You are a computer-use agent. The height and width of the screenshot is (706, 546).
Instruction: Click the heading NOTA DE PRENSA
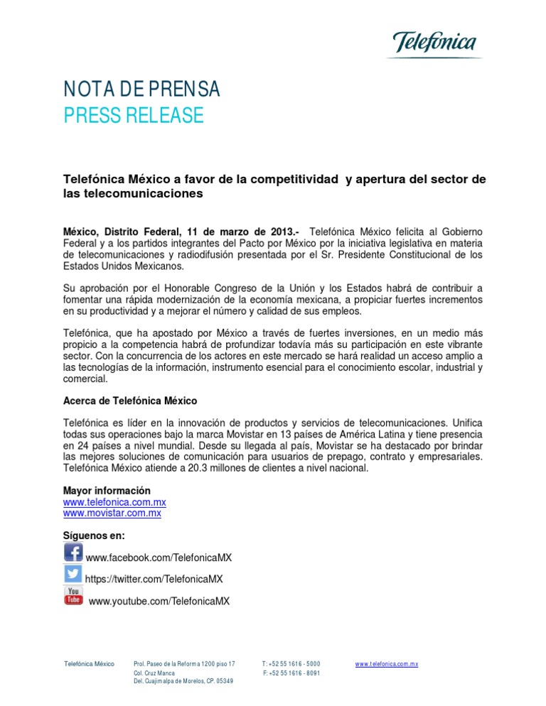click(x=141, y=90)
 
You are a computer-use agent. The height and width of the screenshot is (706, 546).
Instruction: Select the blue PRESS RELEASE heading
click(x=133, y=115)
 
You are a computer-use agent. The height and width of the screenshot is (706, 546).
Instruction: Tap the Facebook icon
click(x=73, y=552)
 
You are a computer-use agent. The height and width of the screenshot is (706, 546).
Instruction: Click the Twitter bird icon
click(x=73, y=574)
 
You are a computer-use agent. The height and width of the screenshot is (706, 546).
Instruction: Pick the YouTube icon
click(x=73, y=596)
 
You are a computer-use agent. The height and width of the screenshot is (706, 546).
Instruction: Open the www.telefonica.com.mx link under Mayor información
click(x=114, y=502)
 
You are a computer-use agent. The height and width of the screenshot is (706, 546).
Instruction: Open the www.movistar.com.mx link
click(x=112, y=513)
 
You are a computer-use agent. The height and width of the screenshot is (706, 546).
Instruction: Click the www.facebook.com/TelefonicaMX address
click(x=159, y=557)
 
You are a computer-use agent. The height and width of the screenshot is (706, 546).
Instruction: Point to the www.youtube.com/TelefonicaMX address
click(x=159, y=602)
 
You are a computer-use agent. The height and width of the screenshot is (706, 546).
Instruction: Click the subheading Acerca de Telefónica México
click(x=130, y=401)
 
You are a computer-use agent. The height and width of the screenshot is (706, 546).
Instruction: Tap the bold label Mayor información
click(x=107, y=491)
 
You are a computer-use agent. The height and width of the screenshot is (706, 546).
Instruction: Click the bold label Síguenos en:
click(x=94, y=535)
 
